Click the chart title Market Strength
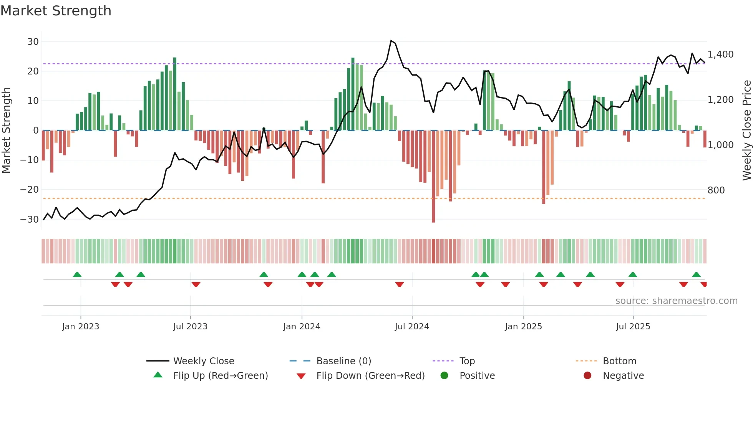[x=56, y=11]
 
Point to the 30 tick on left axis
[x=33, y=41]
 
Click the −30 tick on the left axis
[x=30, y=220]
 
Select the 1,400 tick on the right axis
[x=720, y=55]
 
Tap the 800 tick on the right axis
[x=716, y=190]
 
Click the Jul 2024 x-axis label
[x=412, y=327]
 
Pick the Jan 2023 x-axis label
[x=81, y=327]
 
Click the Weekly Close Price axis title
[x=746, y=130]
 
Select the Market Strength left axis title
[x=6, y=130]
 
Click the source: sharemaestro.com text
[x=676, y=301]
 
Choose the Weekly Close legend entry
[x=203, y=361]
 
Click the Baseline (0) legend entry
[x=343, y=361]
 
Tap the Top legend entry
[x=467, y=361]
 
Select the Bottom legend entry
[x=619, y=361]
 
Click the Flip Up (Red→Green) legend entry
[x=220, y=376]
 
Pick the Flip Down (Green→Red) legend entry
[x=370, y=376]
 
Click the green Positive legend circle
[x=444, y=375]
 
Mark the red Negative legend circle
[x=587, y=375]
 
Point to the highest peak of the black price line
[x=391, y=41]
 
